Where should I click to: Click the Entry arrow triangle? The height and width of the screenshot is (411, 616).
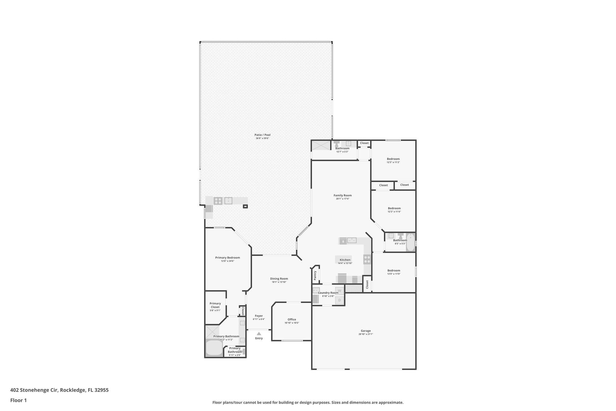259,333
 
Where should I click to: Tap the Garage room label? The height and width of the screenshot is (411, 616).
366,331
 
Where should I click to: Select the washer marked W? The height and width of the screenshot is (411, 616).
340,291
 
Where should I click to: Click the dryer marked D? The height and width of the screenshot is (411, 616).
340,300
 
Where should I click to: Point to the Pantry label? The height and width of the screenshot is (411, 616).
315,275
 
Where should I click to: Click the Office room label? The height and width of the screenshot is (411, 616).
292,319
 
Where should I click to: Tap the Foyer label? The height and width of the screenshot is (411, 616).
259,316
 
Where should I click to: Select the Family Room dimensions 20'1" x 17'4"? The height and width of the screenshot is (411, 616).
343,199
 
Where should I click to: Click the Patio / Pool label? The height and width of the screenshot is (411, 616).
262,135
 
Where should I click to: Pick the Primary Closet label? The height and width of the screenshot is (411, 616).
215,305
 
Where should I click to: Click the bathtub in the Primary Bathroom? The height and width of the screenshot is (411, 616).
214,348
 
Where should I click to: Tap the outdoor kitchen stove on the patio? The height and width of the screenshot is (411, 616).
218,201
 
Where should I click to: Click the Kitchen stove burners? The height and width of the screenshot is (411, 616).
367,259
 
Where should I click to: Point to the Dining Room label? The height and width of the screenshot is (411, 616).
279,279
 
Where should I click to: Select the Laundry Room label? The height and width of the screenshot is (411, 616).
328,293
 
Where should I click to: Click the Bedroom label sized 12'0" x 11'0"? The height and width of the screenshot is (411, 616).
394,270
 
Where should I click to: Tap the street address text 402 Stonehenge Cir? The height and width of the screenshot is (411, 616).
34,390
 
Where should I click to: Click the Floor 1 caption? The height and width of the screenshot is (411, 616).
19,400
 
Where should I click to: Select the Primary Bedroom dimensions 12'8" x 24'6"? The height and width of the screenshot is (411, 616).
227,261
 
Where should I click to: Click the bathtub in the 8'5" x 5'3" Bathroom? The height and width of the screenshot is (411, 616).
410,243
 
